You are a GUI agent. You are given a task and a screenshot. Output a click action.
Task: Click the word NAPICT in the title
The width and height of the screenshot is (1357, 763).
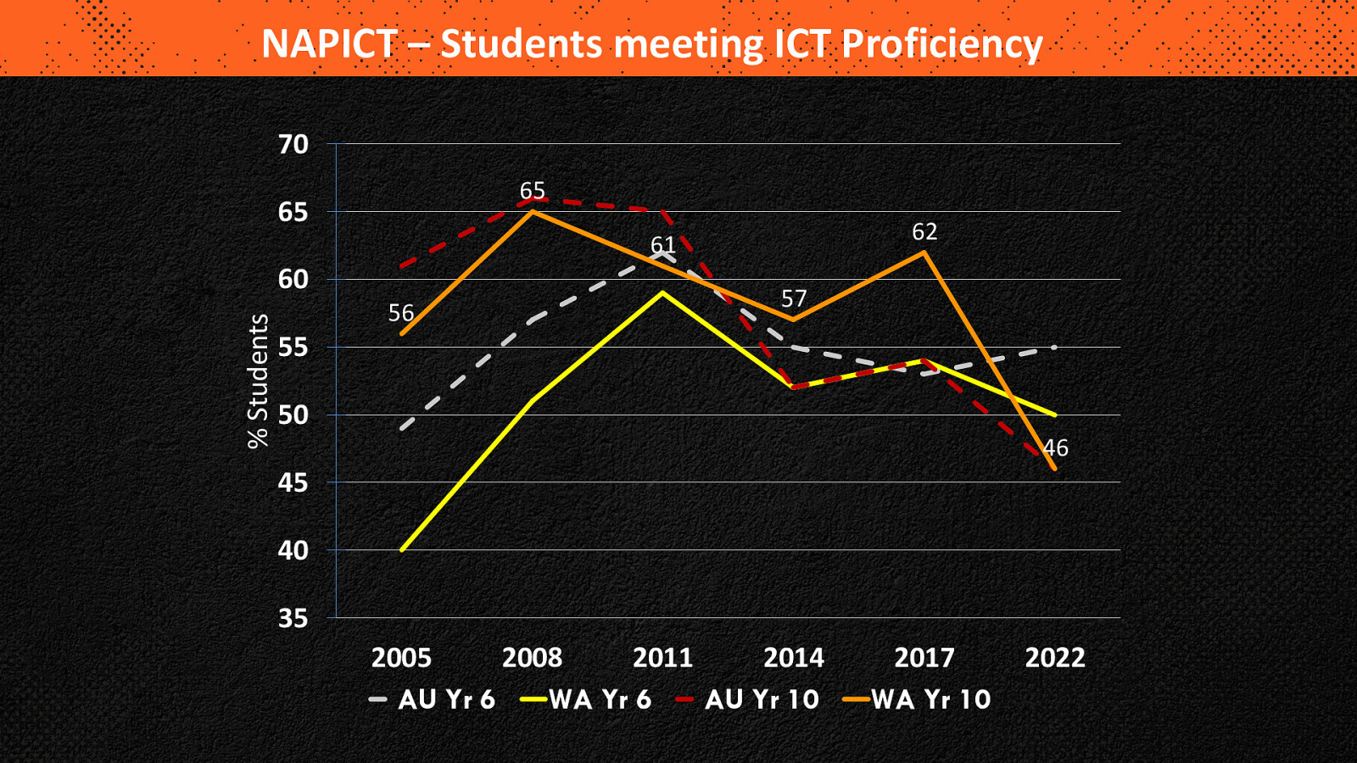(x=328, y=44)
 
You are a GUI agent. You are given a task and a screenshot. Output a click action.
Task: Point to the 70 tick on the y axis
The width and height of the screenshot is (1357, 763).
(x=293, y=145)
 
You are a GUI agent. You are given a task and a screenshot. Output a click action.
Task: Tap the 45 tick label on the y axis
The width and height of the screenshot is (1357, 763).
(x=293, y=483)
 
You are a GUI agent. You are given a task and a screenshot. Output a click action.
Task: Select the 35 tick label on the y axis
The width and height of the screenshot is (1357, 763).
(x=293, y=619)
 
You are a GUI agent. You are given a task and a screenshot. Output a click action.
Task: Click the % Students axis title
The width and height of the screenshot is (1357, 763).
(x=258, y=381)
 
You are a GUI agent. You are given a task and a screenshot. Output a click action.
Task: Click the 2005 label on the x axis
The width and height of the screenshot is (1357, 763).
(x=401, y=658)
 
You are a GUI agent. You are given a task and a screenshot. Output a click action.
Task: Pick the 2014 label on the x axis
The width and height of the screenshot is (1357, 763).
(x=794, y=658)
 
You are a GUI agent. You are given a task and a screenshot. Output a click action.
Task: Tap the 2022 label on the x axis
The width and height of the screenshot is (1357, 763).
(x=1055, y=658)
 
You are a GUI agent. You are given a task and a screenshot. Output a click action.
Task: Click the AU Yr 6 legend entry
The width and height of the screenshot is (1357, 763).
(x=433, y=699)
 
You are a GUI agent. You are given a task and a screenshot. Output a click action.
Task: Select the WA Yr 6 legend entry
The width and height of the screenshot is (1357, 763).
(x=587, y=699)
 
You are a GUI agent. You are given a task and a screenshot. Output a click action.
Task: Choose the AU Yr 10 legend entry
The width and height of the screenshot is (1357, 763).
(x=748, y=699)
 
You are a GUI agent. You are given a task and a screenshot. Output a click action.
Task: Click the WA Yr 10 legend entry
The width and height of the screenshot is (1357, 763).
(x=918, y=699)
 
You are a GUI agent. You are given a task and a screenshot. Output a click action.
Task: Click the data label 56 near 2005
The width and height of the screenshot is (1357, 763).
(x=401, y=314)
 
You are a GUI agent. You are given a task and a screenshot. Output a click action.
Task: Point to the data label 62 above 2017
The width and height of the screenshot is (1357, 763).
(x=924, y=231)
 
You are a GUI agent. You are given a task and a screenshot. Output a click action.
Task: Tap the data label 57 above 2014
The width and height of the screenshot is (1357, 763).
(x=794, y=298)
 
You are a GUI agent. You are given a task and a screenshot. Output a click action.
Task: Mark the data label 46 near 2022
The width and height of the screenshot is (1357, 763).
(x=1056, y=448)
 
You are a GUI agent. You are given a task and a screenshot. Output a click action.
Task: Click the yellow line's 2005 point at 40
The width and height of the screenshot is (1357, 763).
(x=401, y=550)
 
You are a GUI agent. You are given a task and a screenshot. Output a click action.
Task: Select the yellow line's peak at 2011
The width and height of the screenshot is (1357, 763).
(x=662, y=292)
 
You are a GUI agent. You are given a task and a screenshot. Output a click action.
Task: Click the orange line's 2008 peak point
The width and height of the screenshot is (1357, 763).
(x=532, y=211)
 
